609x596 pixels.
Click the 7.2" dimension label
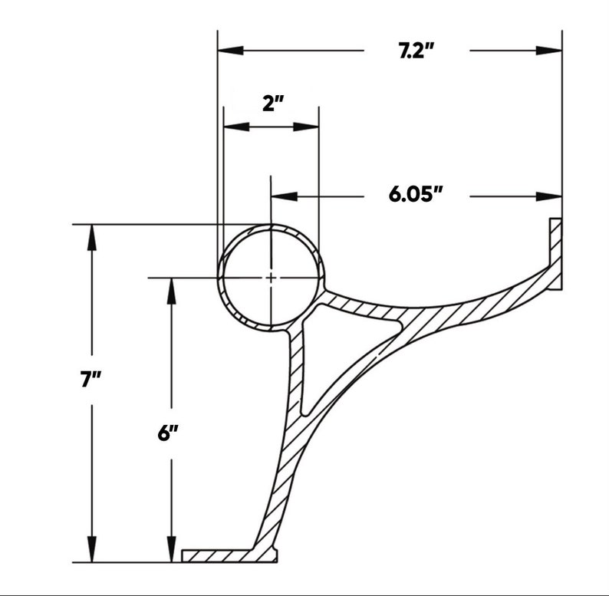(416, 51)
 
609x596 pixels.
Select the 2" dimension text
(273, 104)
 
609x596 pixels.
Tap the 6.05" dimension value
(416, 194)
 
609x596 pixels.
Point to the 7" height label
(91, 379)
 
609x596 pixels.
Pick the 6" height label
(168, 433)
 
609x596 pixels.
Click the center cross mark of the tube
(271, 278)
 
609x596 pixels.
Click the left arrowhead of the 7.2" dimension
(231, 51)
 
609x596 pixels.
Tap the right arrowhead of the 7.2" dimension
(549, 51)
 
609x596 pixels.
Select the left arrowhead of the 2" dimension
(236, 127)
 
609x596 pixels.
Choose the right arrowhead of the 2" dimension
(306, 127)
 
